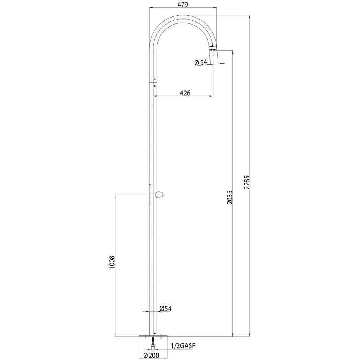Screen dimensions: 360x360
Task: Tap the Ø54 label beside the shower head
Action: tap(201, 62)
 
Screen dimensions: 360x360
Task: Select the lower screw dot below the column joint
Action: tap(154, 86)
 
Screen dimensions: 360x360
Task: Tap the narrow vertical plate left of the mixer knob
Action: tap(151, 195)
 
